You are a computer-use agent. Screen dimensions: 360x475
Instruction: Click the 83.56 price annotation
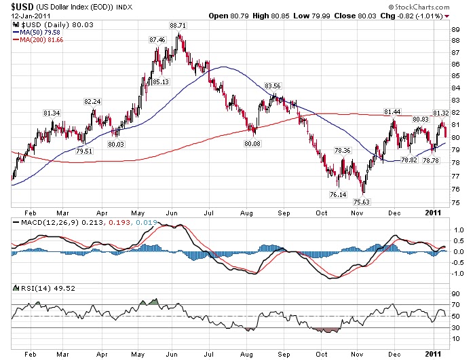click(273, 86)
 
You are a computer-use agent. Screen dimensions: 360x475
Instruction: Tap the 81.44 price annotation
click(392, 111)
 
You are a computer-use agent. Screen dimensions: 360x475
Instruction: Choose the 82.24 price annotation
click(92, 101)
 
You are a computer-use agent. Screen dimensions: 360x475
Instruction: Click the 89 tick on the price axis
click(455, 29)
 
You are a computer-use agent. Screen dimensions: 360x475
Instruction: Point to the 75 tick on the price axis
click(455, 201)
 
